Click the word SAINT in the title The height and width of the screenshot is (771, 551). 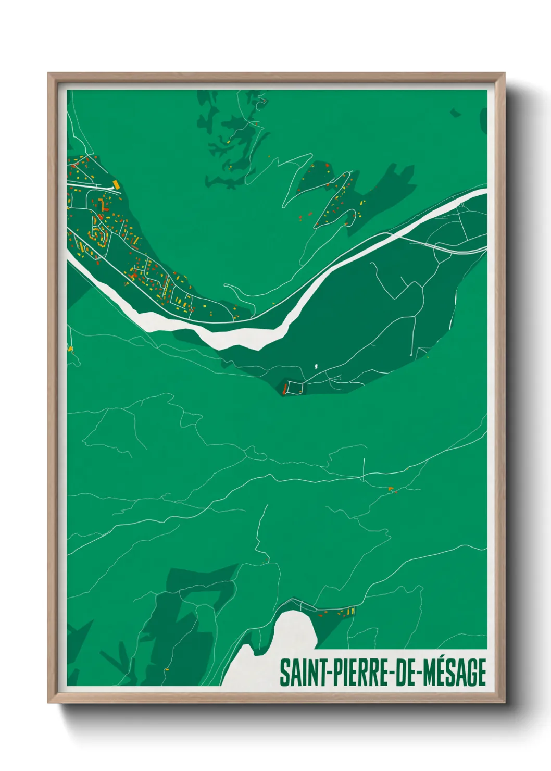pyautogui.click(x=302, y=673)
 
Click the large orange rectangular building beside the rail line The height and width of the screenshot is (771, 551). pyautogui.click(x=117, y=183)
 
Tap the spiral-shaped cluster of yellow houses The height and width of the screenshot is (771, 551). pyautogui.click(x=97, y=236)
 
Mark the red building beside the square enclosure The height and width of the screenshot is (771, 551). pyautogui.click(x=284, y=388)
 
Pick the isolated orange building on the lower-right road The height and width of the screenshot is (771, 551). pyautogui.click(x=390, y=488)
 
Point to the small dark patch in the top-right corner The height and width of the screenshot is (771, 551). pyautogui.click(x=456, y=112)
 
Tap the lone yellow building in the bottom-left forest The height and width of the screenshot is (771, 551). pyautogui.click(x=167, y=669)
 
